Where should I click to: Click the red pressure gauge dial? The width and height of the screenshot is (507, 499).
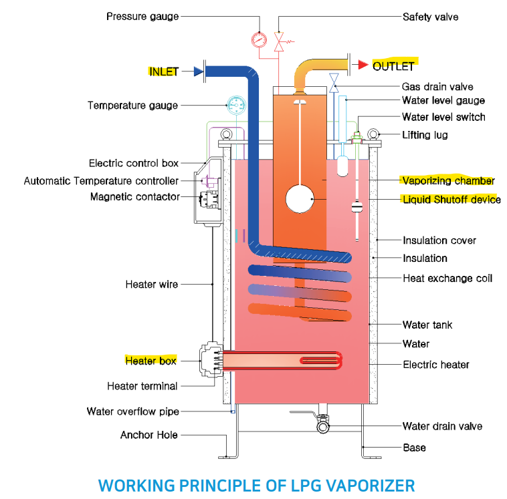click(258, 39)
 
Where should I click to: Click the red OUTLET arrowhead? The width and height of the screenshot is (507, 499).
click(362, 65)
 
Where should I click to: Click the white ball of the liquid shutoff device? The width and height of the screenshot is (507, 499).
click(300, 199)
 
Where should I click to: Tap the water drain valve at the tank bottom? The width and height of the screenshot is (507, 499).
click(324, 422)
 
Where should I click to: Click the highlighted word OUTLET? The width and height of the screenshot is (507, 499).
click(393, 65)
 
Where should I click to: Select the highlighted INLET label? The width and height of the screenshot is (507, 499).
click(164, 71)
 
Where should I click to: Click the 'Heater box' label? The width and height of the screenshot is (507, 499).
click(151, 361)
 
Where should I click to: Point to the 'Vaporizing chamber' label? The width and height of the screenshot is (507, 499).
click(447, 181)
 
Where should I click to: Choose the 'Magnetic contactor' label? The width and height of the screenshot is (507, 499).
click(135, 197)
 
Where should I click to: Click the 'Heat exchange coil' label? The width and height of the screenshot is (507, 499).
click(447, 278)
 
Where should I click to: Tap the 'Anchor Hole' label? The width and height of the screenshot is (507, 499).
click(149, 435)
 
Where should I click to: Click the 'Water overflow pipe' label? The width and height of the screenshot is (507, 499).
click(132, 411)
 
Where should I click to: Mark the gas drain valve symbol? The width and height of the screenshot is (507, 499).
click(335, 85)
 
